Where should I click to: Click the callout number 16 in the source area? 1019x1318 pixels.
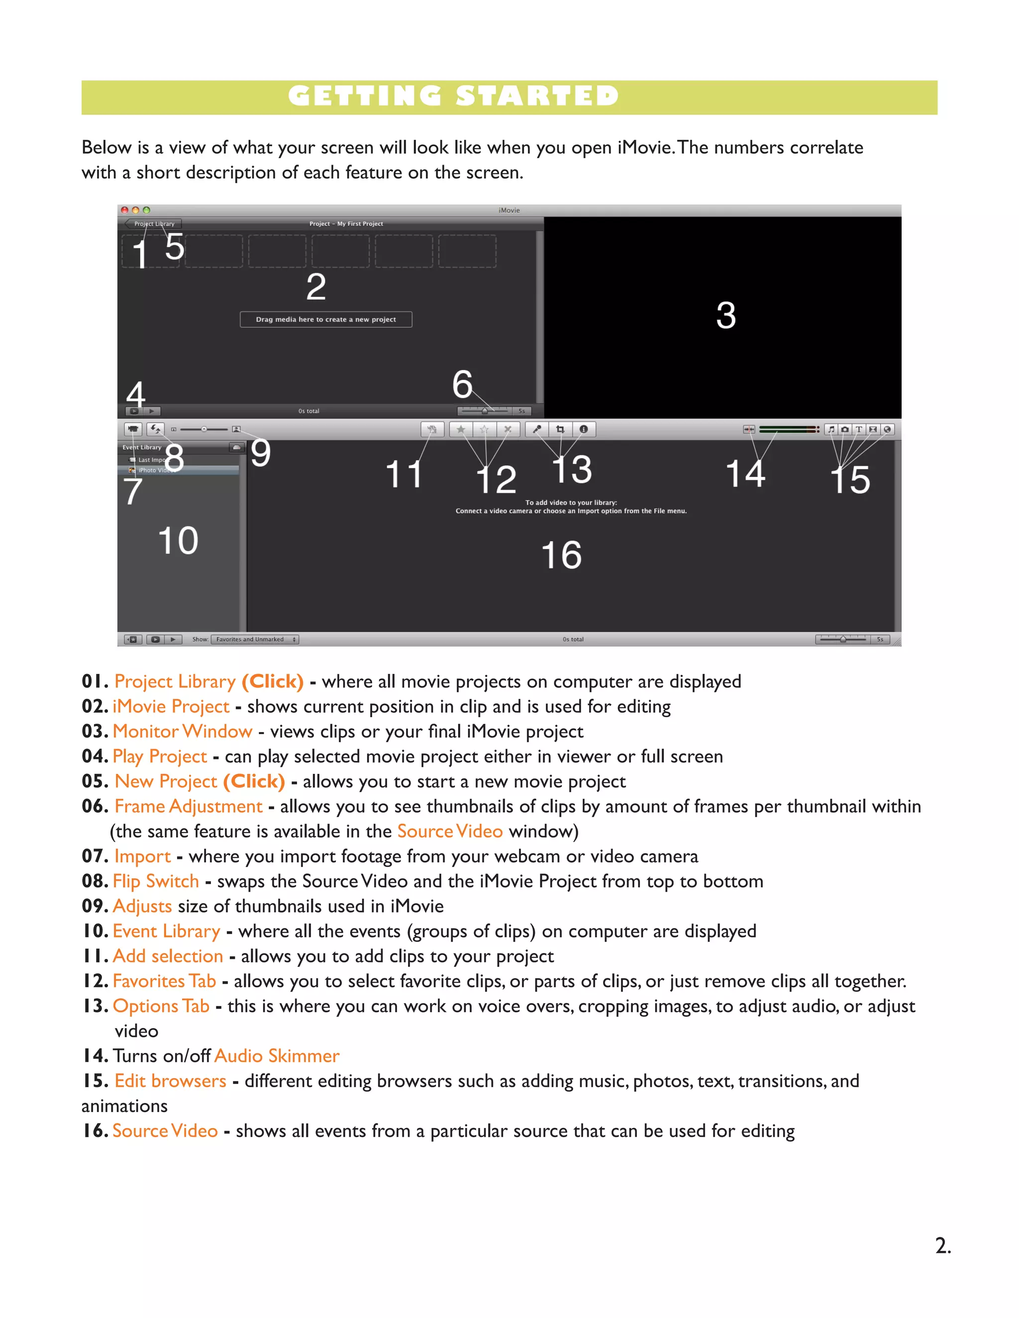click(x=561, y=555)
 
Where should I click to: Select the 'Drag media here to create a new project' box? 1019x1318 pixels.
click(x=326, y=319)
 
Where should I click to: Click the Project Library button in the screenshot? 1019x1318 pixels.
click(x=154, y=224)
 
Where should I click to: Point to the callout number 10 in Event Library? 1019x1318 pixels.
click(x=178, y=540)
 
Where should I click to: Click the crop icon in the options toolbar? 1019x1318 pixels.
click(x=560, y=429)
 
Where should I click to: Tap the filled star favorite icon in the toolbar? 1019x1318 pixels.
click(x=461, y=429)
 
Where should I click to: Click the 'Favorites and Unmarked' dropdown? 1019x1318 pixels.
click(x=254, y=639)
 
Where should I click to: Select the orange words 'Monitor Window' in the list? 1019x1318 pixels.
click(x=182, y=732)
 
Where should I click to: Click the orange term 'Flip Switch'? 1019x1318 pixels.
click(x=156, y=881)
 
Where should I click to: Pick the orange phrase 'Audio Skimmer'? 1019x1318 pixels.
click(x=277, y=1055)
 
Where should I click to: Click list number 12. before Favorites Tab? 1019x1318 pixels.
click(x=96, y=981)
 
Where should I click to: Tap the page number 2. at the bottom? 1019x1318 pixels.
click(x=942, y=1245)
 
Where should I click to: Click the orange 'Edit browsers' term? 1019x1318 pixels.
click(x=170, y=1081)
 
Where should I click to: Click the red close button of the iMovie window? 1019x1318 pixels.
click(x=124, y=210)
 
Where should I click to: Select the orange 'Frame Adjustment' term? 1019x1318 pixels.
click(x=189, y=806)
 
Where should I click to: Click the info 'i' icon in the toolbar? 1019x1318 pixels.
click(x=583, y=429)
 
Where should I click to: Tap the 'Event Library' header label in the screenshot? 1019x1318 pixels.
click(x=142, y=447)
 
